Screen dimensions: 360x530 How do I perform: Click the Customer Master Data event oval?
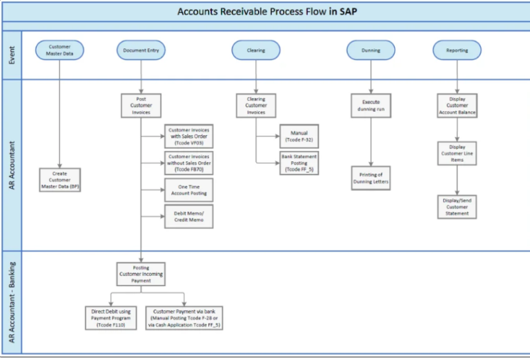(x=60, y=50)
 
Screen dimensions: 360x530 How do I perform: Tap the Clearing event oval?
(x=256, y=50)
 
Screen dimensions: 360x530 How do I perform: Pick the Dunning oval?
(x=371, y=50)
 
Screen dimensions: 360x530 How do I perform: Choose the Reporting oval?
(x=457, y=50)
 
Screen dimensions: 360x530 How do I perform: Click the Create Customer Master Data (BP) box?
(x=60, y=179)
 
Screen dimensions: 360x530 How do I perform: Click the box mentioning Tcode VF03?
(x=188, y=136)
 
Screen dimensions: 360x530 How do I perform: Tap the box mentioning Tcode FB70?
(x=188, y=163)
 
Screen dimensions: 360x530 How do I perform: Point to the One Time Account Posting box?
(x=188, y=190)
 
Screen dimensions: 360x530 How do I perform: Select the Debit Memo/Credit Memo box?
(x=188, y=216)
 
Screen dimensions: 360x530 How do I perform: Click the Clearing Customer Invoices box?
(x=256, y=105)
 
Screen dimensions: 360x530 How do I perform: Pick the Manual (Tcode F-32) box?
(x=299, y=136)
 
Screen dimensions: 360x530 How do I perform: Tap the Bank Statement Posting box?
(x=299, y=163)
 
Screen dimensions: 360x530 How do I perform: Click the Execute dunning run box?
(x=371, y=105)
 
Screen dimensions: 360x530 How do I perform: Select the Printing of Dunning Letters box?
(x=371, y=178)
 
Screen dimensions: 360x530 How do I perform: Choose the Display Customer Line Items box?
(x=457, y=153)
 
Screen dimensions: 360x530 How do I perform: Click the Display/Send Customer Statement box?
(x=457, y=206)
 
